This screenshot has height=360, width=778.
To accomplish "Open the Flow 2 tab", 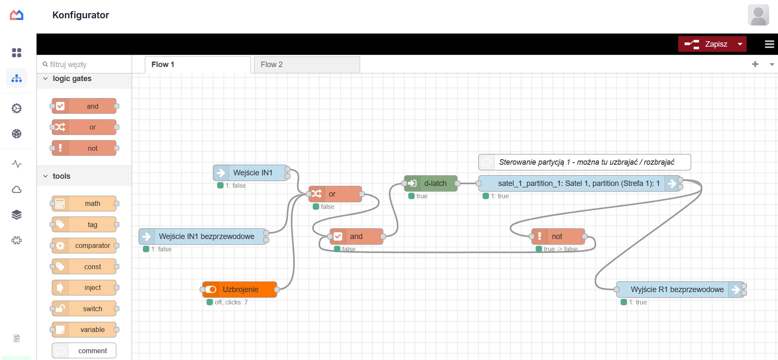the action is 307,65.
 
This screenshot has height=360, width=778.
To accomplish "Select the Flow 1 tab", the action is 197,65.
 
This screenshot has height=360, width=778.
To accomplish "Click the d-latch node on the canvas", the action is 431,183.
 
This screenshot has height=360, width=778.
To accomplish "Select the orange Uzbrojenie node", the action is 240,290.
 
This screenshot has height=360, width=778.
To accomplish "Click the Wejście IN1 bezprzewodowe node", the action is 203,236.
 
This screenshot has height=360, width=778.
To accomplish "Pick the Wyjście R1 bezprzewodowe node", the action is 680,290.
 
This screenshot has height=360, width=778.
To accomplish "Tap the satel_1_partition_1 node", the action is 579,183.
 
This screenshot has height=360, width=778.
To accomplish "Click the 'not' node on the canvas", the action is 558,236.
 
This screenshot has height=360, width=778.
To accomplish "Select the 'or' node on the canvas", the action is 335,194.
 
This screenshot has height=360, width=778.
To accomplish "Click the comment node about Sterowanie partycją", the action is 584,162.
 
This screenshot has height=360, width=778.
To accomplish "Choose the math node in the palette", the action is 84,204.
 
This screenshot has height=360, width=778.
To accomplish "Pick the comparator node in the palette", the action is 84,245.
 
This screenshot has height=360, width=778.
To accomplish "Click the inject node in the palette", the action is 84,287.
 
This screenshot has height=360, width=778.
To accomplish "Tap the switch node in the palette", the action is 84,309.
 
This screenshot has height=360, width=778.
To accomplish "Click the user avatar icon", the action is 758,15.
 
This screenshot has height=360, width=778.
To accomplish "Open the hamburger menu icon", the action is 769,44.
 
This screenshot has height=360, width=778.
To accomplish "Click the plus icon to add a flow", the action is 755,64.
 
